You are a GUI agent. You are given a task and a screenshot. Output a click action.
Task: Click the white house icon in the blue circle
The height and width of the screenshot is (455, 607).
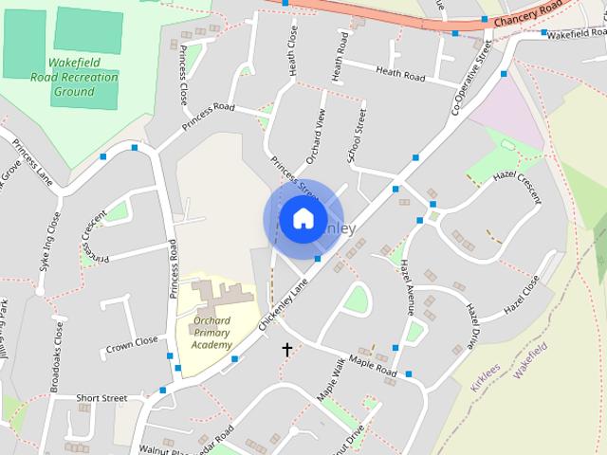coord(303,219)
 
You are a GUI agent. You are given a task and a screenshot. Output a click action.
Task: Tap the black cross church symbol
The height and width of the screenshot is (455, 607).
coord(287,350)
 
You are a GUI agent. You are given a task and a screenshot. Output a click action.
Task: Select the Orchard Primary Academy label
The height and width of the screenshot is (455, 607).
coord(212,333)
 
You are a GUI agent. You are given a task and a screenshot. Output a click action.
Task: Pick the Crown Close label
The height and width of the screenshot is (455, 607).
coord(132,342)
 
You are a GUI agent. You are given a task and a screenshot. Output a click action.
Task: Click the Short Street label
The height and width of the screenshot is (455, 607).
coord(101,398)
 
